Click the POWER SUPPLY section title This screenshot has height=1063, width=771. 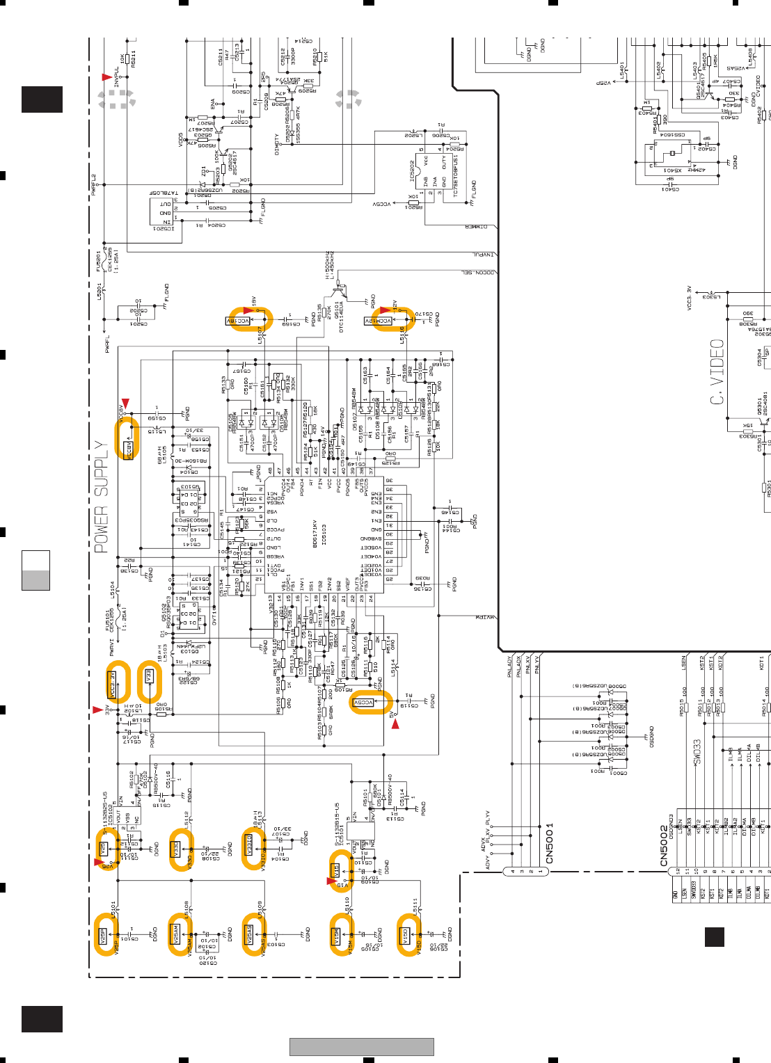[102, 497]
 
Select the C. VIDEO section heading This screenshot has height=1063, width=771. [717, 372]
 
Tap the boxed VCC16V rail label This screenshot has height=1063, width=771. [239, 321]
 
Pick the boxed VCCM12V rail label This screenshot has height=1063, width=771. [379, 321]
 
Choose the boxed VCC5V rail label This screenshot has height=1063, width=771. [364, 703]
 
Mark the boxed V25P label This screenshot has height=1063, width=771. [102, 936]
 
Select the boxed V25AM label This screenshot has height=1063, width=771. [176, 934]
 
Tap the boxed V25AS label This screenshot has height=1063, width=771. [249, 934]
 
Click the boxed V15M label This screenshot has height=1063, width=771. [335, 936]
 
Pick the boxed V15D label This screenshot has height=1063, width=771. [403, 936]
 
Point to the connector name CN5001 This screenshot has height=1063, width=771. [550, 844]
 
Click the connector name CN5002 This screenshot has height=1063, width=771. [664, 846]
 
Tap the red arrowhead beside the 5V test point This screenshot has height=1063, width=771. [395, 725]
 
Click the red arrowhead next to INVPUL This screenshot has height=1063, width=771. [106, 77]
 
